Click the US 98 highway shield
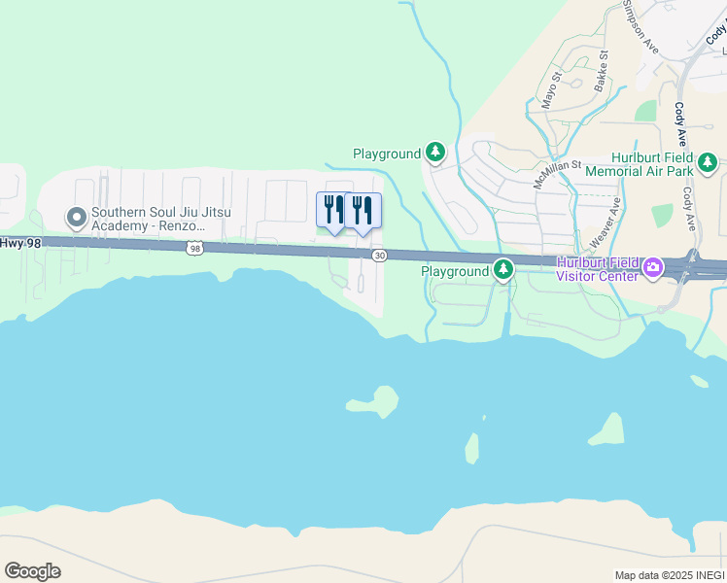click(195, 249)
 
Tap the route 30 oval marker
click(379, 255)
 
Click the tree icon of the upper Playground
click(436, 153)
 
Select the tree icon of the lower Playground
click(502, 269)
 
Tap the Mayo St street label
click(552, 87)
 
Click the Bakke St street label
click(603, 69)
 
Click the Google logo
click(32, 571)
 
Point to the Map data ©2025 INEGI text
click(668, 575)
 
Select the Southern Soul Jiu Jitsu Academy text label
click(153, 220)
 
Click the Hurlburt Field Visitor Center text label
click(598, 268)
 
